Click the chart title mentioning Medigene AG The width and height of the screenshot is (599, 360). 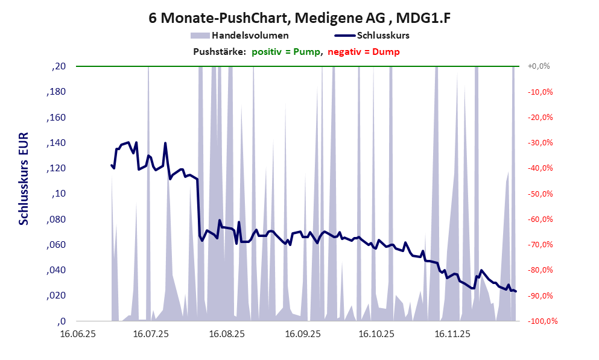[299, 19]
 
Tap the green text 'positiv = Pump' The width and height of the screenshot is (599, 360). [286, 52]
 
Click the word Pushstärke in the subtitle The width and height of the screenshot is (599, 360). [219, 52]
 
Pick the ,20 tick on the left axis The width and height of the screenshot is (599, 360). [59, 66]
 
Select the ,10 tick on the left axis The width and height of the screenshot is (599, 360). [59, 194]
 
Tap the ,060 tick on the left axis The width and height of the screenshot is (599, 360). [56, 245]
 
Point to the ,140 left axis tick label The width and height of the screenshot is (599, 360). [56, 143]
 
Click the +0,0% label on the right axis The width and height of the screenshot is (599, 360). [539, 66]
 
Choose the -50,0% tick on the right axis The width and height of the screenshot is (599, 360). [540, 194]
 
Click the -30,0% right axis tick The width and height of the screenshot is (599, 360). [540, 143]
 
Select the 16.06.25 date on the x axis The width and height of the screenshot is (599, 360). [76, 333]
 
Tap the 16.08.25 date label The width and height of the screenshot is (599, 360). [226, 333]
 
